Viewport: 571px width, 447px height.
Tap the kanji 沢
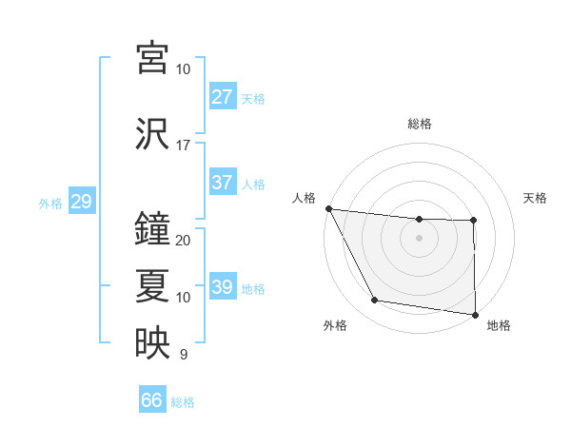(x=152, y=134)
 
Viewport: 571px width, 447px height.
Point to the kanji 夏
(x=152, y=285)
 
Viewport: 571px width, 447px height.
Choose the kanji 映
(x=152, y=343)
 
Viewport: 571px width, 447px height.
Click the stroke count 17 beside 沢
(x=184, y=146)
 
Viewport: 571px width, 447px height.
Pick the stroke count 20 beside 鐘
(x=184, y=240)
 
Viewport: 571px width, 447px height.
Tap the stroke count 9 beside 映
(x=184, y=355)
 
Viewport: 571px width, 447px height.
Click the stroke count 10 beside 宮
(x=184, y=69)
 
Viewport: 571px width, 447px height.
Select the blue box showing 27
(x=222, y=97)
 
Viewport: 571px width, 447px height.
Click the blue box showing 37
(x=222, y=183)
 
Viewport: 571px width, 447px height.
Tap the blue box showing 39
(x=222, y=287)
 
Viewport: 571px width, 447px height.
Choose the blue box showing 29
(x=81, y=202)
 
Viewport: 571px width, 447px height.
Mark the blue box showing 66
(x=151, y=400)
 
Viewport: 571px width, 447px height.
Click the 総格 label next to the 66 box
(x=183, y=402)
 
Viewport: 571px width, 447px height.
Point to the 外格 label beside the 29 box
(x=50, y=203)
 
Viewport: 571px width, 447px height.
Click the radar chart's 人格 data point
(x=328, y=208)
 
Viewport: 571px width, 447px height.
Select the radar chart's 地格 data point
(x=475, y=314)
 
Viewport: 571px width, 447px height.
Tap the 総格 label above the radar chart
(x=419, y=124)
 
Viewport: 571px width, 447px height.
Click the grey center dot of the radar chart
(x=419, y=238)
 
